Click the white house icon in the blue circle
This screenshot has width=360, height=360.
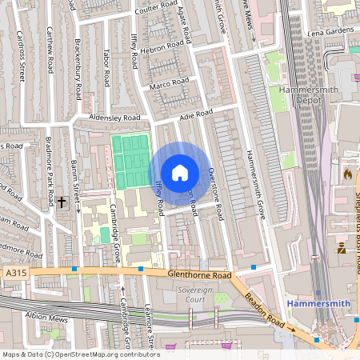click(x=180, y=173)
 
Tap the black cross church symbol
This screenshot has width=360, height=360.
click(x=62, y=202)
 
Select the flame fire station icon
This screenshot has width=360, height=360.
click(x=346, y=172)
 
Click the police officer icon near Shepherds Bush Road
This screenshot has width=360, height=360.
click(x=342, y=249)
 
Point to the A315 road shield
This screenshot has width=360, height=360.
click(x=14, y=273)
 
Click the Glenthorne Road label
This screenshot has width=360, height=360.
click(x=199, y=274)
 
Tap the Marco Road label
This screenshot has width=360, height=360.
click(x=169, y=82)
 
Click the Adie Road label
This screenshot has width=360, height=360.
click(x=196, y=116)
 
